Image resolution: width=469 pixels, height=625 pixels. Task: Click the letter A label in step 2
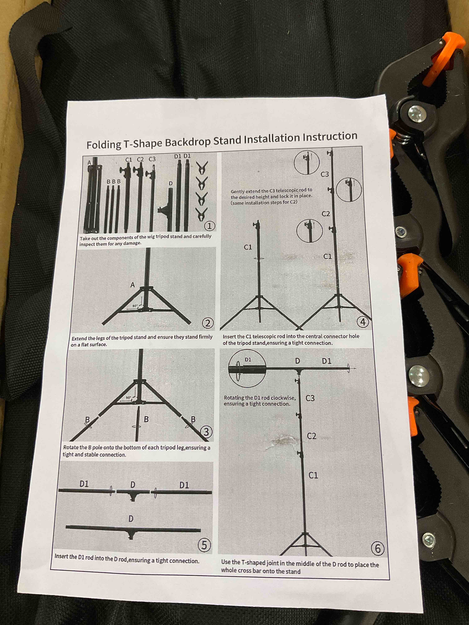pos(132,285)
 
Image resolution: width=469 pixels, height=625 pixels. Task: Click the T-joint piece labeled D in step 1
pos(169,209)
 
